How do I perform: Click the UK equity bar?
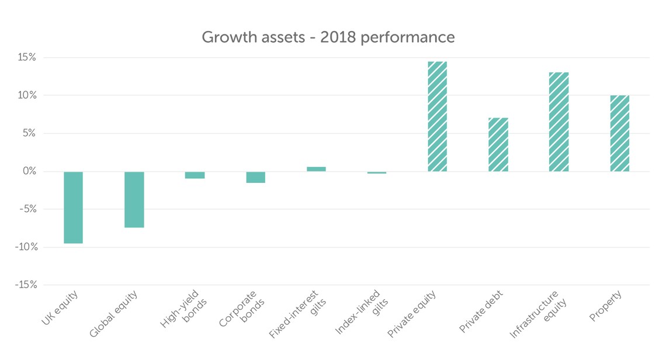[73, 207]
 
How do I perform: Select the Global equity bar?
[134, 199]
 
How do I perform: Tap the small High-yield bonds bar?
[195, 175]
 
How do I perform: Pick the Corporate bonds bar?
[255, 177]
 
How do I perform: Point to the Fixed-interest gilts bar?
[316, 169]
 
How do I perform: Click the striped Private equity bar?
[437, 116]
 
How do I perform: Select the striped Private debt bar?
[498, 144]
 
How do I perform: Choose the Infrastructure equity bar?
[559, 122]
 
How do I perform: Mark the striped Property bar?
[619, 133]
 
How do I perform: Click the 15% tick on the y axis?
[27, 58]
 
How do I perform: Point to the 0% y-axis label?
[29, 171]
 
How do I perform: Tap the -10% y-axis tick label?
[25, 247]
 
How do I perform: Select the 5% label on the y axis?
[29, 133]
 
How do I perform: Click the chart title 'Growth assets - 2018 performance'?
[328, 37]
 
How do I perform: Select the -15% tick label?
[25, 285]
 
